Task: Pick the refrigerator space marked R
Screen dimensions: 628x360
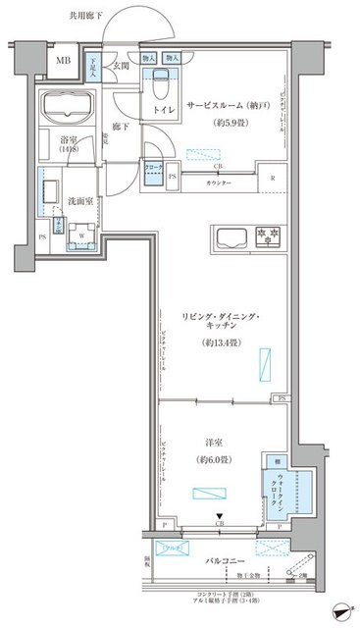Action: (x=272, y=179)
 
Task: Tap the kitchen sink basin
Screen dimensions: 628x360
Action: (x=232, y=237)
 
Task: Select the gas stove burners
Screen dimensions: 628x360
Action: (x=267, y=235)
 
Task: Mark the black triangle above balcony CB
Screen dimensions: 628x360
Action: (x=220, y=519)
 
